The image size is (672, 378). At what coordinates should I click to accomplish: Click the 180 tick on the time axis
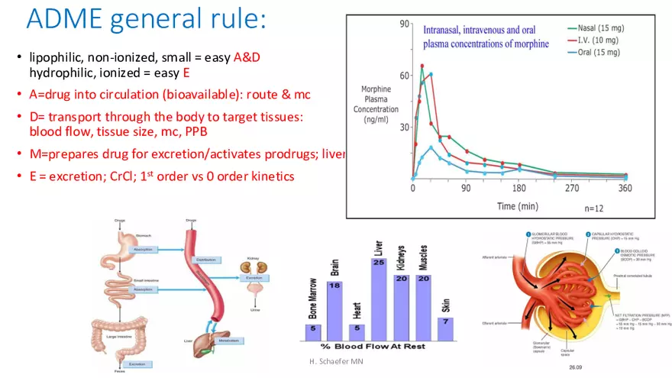point(519,189)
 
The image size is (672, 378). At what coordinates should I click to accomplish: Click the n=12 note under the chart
point(594,207)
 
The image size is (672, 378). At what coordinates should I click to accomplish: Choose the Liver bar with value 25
point(379,298)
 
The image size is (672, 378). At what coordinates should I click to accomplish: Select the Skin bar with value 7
point(446,328)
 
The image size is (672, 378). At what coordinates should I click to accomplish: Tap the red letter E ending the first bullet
point(186,73)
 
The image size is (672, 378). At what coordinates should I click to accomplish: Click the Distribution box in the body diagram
point(206,260)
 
